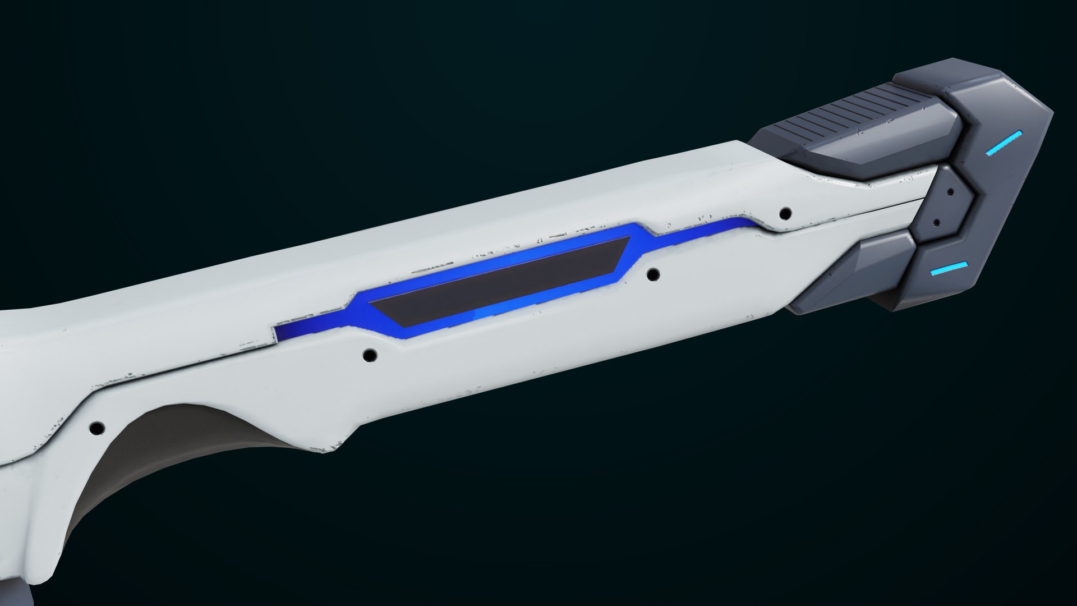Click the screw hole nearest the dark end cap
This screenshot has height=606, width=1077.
[786, 213]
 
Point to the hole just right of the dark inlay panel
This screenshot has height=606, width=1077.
[653, 275]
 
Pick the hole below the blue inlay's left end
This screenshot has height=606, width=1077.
[370, 355]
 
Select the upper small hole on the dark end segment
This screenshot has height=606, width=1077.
[950, 192]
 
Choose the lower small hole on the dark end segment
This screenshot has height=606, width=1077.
[936, 222]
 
